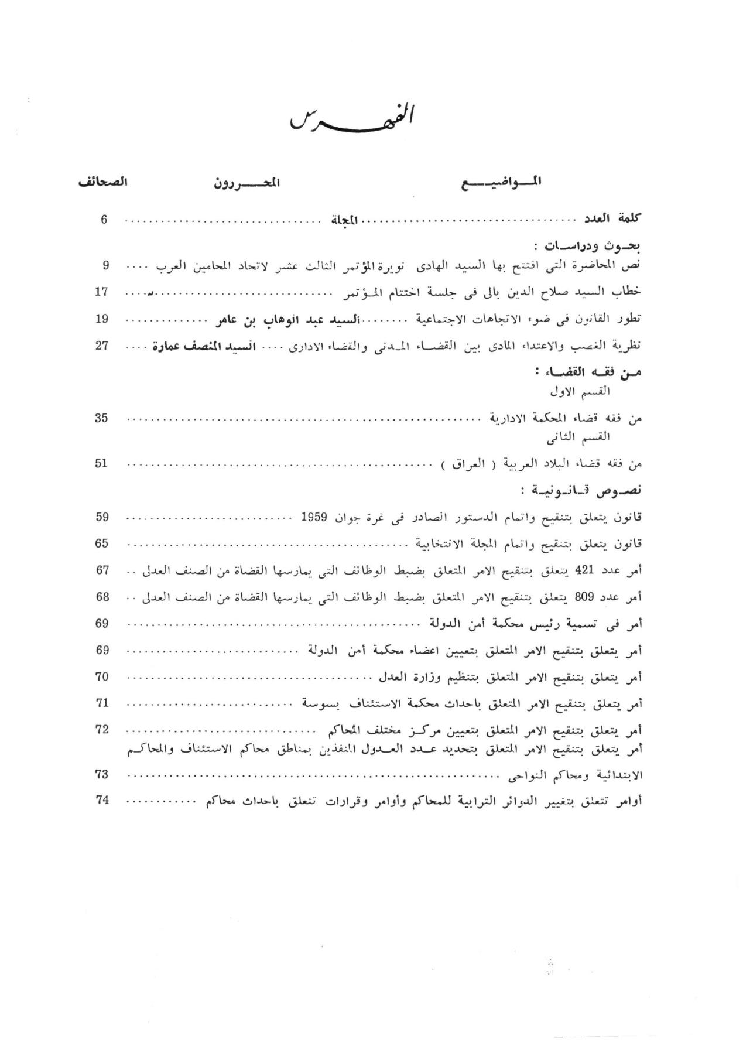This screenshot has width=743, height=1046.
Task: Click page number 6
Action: (104, 220)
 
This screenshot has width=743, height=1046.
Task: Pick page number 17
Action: (102, 292)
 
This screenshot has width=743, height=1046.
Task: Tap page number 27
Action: (102, 346)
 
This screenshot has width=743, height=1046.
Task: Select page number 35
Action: (102, 418)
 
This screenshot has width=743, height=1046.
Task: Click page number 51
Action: (102, 463)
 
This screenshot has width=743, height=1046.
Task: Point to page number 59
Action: (102, 517)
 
